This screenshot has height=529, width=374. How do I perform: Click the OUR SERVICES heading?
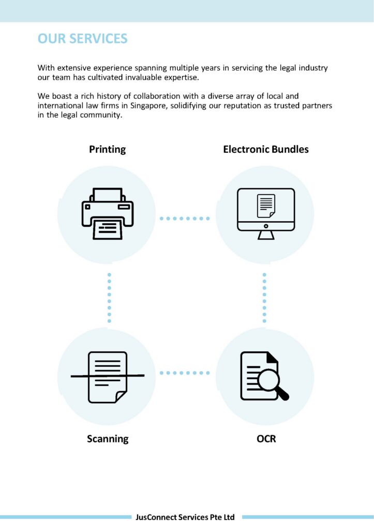click(83, 39)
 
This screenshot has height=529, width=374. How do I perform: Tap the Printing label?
click(107, 149)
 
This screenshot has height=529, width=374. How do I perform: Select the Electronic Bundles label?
click(266, 149)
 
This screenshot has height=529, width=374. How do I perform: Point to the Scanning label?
click(108, 439)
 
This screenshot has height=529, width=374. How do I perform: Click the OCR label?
click(266, 439)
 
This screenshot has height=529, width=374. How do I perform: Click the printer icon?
click(108, 213)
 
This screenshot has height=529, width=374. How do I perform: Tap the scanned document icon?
click(108, 377)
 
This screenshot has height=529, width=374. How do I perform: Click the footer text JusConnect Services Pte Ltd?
click(185, 517)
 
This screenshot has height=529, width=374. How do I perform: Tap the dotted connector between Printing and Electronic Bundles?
click(185, 219)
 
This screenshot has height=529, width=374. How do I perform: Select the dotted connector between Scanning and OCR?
click(185, 372)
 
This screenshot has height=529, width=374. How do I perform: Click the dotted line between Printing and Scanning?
click(109, 298)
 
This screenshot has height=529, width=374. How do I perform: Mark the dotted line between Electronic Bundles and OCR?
click(264, 298)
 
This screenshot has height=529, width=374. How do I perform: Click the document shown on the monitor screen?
click(266, 206)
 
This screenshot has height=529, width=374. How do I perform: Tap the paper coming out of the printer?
click(108, 228)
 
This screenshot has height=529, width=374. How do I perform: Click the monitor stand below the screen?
click(266, 235)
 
